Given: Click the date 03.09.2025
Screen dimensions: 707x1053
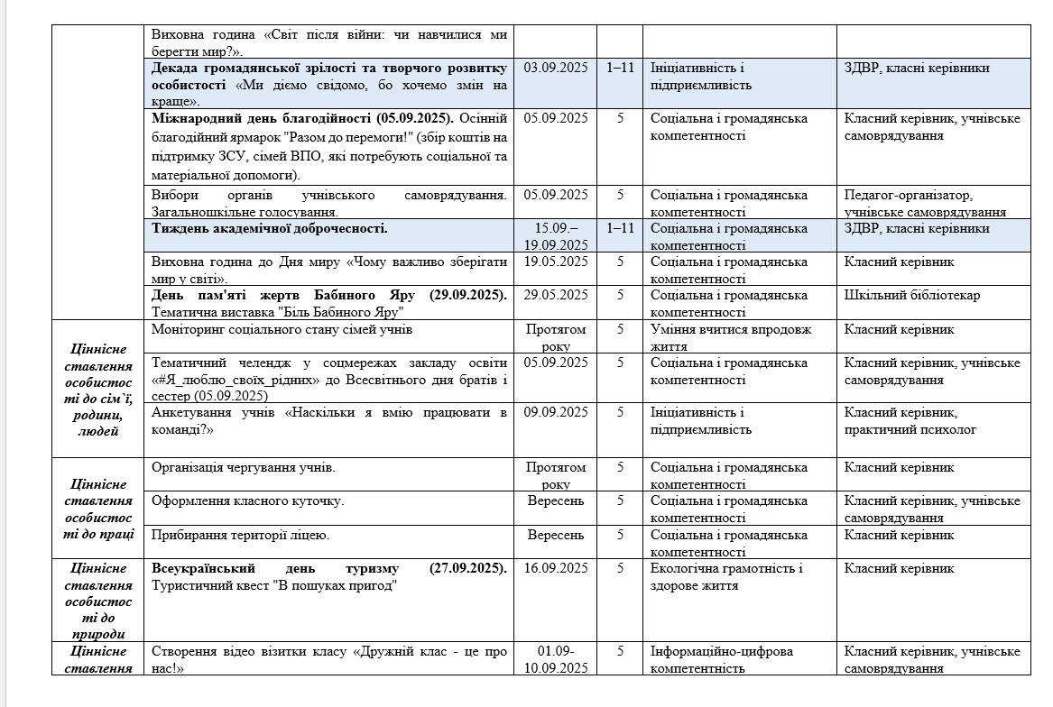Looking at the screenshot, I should [x=555, y=69].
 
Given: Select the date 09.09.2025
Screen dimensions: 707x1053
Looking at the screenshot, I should [x=555, y=412].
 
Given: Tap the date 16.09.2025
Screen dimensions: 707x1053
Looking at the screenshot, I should [x=555, y=568].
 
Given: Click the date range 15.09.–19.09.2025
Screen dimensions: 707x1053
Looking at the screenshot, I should [x=555, y=236].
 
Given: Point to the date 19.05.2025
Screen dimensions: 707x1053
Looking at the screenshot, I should [x=555, y=262].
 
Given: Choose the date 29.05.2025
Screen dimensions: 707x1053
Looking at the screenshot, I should [x=555, y=295].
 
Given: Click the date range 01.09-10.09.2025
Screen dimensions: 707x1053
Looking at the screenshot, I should [x=555, y=659].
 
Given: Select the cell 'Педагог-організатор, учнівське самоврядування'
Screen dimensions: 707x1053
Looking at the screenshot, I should [x=925, y=203].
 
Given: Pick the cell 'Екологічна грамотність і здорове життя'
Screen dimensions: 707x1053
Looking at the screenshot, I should [x=726, y=576].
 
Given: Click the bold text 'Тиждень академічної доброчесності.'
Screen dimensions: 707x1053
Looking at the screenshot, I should [x=270, y=228].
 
